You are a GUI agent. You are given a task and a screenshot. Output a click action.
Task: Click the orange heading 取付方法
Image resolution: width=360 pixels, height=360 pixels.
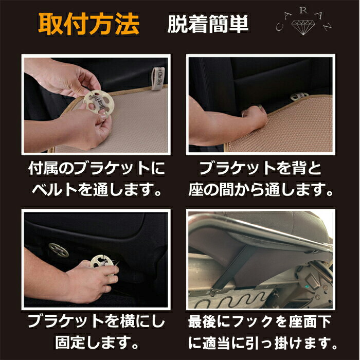pos(88,24)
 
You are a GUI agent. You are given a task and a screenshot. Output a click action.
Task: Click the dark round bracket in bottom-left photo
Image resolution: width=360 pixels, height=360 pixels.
pos(58,250)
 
